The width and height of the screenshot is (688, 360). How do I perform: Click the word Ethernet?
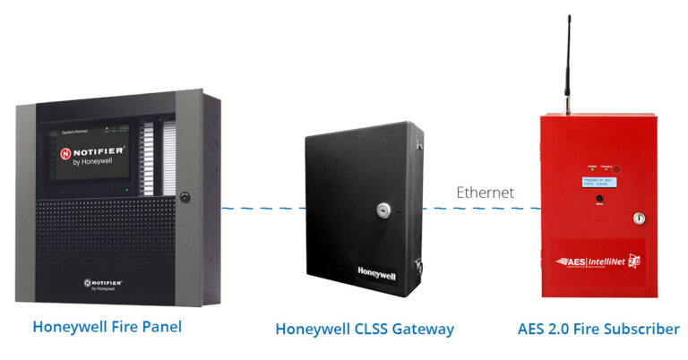coord(485,192)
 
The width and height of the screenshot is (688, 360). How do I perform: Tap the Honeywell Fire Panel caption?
coord(107,327)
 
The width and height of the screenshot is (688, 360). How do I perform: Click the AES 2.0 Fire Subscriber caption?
coord(598,329)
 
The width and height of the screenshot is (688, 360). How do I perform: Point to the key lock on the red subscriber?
coord(639,218)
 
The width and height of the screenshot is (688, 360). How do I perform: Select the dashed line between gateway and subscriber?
coord(484,209)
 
